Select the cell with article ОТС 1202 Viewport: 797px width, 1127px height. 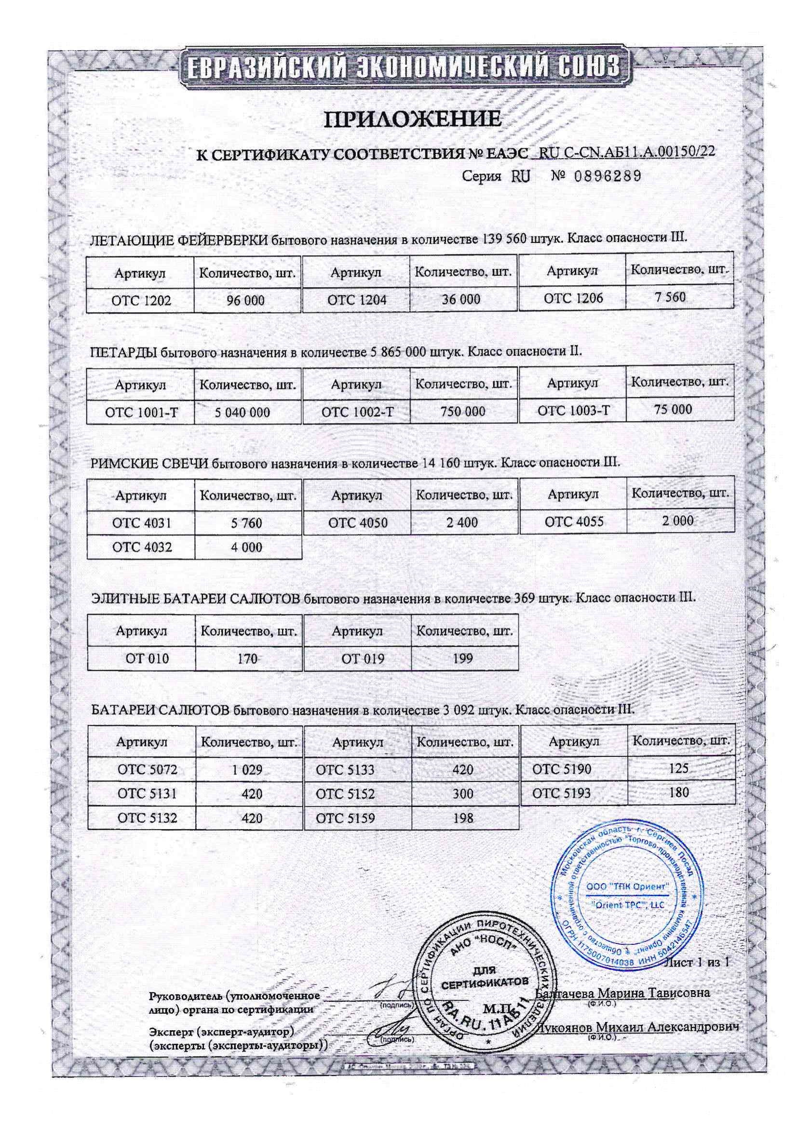pos(141,300)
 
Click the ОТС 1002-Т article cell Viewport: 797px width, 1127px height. pos(357,411)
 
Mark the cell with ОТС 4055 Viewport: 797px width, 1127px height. pos(573,521)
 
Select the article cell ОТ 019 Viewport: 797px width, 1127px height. pos(358,658)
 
